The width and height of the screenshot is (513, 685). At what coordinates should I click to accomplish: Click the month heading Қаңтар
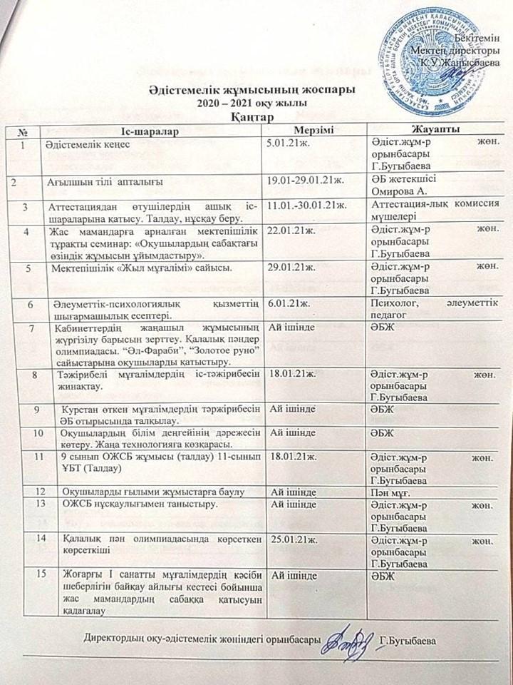click(x=251, y=116)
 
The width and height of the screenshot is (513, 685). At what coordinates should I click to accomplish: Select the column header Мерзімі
click(x=313, y=129)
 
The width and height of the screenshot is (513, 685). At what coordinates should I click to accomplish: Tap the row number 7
click(x=31, y=328)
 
